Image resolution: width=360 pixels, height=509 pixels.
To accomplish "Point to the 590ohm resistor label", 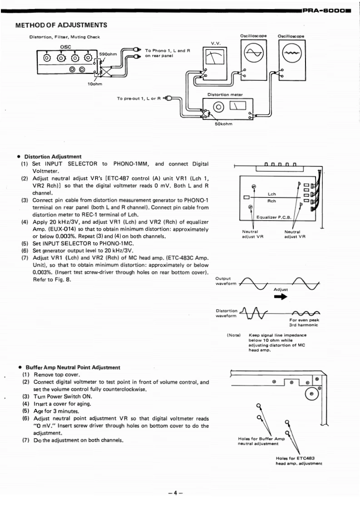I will (108, 54).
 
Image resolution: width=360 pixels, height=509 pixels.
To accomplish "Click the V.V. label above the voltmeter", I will (215, 44).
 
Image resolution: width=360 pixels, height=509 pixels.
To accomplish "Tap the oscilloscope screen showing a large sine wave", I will (253, 54).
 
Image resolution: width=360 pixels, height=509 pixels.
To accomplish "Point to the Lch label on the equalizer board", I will (271, 194).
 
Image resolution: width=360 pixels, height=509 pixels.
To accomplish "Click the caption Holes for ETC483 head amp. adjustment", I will (298, 460).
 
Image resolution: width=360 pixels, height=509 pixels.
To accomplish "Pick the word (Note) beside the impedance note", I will (234, 335).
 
